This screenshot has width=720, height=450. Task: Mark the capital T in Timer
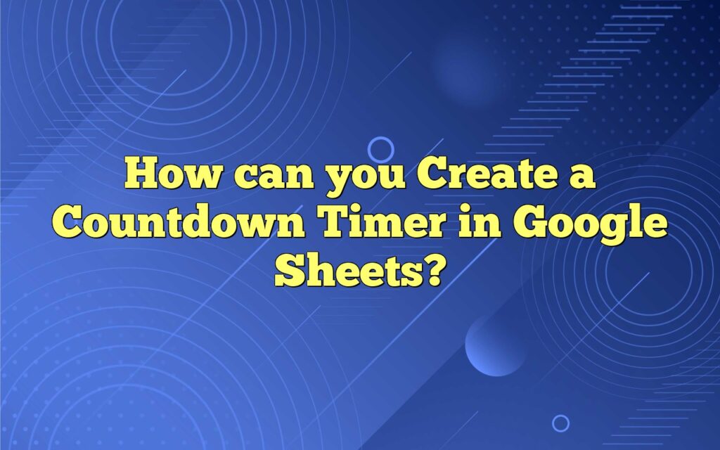(x=337, y=223)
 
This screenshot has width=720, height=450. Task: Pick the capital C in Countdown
(x=68, y=223)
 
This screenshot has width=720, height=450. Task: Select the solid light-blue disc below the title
(x=496, y=345)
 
